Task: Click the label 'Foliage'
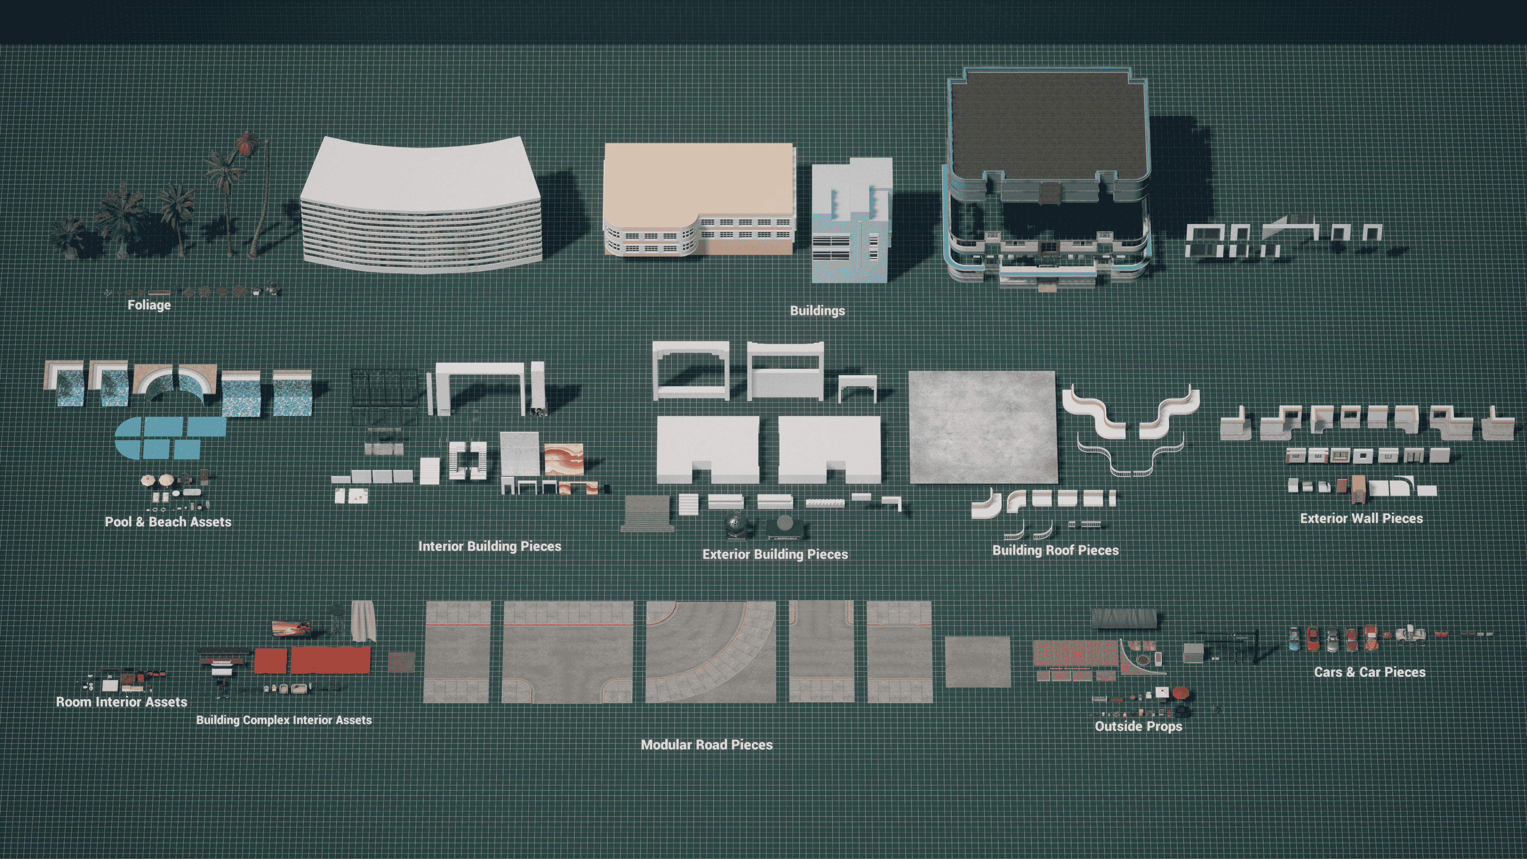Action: tap(149, 305)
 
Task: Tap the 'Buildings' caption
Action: tap(818, 310)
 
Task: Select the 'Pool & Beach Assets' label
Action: tap(168, 522)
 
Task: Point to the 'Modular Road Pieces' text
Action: tap(707, 744)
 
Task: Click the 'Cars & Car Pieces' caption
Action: tap(1369, 672)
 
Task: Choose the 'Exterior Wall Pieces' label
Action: tap(1361, 518)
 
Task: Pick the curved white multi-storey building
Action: tap(421, 204)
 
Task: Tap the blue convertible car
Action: tap(1294, 639)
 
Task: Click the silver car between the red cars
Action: tap(1332, 639)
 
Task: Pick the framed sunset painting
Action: tap(290, 628)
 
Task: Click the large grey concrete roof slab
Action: tap(983, 427)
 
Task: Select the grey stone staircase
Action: tap(648, 513)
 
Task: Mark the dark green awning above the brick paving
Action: tap(1125, 618)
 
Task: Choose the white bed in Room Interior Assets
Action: tap(110, 685)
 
